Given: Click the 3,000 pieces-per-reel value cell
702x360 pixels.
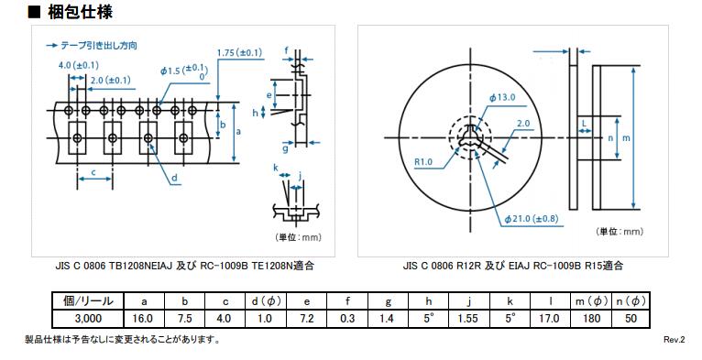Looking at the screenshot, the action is pyautogui.click(x=88, y=319).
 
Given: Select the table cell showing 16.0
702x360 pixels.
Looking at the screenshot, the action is pyautogui.click(x=143, y=319).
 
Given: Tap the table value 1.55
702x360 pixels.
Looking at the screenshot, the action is pyautogui.click(x=469, y=319).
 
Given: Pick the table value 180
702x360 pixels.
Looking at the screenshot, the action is pyautogui.click(x=591, y=319).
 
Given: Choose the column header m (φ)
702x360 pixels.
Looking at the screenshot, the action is pyautogui.click(x=591, y=301).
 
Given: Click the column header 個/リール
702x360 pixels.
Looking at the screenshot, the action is pyautogui.click(x=88, y=301).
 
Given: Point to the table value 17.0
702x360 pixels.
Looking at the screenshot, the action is pyautogui.click(x=550, y=319).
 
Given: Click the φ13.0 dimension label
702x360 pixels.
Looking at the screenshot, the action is pyautogui.click(x=502, y=97).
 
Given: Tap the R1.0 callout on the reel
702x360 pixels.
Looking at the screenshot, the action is pyautogui.click(x=423, y=161).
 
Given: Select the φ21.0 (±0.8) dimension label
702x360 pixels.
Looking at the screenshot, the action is pyautogui.click(x=531, y=219).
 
